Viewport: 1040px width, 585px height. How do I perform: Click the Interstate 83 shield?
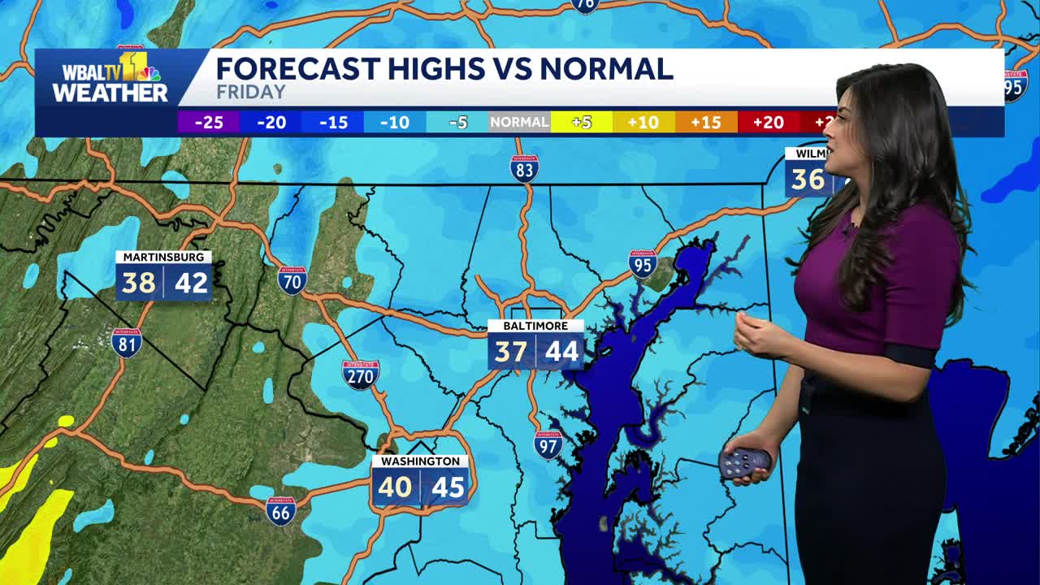pyautogui.click(x=524, y=168)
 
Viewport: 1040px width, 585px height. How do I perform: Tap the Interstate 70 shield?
pyautogui.click(x=292, y=280)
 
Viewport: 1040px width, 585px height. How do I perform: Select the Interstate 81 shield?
pyautogui.click(x=126, y=343)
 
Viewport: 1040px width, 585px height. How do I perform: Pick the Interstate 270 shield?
pyautogui.click(x=360, y=375)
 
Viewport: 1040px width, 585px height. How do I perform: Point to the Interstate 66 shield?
pyautogui.click(x=281, y=511)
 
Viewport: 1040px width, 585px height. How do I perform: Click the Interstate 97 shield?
pyautogui.click(x=548, y=444)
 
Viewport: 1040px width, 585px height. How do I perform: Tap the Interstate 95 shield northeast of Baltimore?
pyautogui.click(x=643, y=264)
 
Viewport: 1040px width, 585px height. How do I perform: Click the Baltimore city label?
pyautogui.click(x=535, y=326)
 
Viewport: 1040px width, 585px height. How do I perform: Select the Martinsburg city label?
pyautogui.click(x=163, y=257)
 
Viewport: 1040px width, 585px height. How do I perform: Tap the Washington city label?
pyautogui.click(x=420, y=461)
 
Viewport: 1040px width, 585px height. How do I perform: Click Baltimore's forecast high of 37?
pyautogui.click(x=511, y=352)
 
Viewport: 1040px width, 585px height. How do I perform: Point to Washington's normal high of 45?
pyautogui.click(x=448, y=487)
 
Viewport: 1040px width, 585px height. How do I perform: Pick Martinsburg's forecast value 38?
pyautogui.click(x=138, y=283)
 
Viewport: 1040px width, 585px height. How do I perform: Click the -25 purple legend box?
pyautogui.click(x=208, y=123)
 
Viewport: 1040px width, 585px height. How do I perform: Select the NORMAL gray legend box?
pyautogui.click(x=519, y=123)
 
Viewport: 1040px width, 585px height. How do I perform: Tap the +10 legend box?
pyautogui.click(x=643, y=123)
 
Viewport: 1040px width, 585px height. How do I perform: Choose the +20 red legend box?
pyautogui.click(x=768, y=123)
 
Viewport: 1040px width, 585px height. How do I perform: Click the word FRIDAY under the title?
pyautogui.click(x=251, y=93)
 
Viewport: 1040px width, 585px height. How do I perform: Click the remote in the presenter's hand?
pyautogui.click(x=743, y=463)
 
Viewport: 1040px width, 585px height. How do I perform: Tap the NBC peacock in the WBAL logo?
pyautogui.click(x=148, y=74)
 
